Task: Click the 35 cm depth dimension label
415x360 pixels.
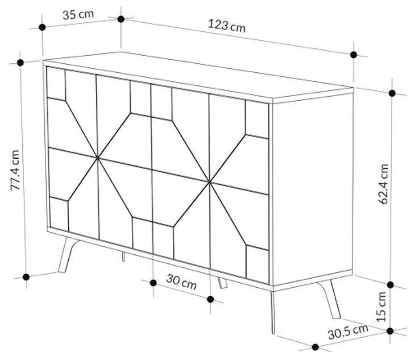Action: pos(78,15)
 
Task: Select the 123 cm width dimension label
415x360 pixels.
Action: pos(227,26)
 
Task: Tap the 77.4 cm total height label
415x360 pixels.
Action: pos(15,170)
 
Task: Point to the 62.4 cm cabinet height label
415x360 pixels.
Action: pos(383,184)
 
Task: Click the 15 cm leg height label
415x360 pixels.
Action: pos(381,307)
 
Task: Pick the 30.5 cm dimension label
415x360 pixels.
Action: pos(348,331)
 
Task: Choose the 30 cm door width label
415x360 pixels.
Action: pos(181,282)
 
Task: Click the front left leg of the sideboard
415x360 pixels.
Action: pos(68,255)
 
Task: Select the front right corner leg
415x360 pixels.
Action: pos(273,312)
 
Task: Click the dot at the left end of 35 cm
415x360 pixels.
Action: pos(42,27)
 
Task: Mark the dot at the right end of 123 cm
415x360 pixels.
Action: pos(354,55)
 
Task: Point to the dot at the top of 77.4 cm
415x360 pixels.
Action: pos(20,63)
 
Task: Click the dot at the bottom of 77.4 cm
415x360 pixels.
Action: pos(26,277)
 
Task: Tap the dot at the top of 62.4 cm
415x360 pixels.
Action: pos(392,93)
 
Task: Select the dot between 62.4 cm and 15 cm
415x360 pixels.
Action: pos(390,285)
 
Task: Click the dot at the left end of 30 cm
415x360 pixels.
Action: pos(153,283)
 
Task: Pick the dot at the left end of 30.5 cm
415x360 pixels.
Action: pos(315,347)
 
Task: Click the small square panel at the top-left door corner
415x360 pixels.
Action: pos(56,84)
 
